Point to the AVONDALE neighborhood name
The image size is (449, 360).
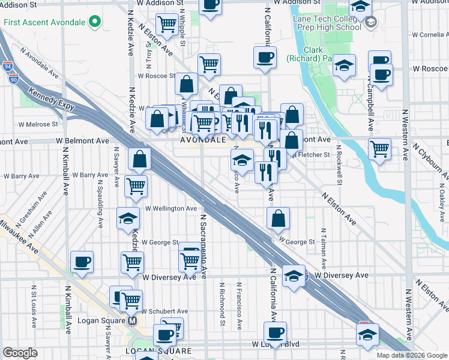(203, 139)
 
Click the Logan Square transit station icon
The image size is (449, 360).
(134, 321)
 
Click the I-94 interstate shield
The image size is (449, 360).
(7, 67)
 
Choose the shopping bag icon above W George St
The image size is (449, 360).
(278, 219)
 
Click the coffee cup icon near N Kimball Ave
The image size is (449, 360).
(82, 262)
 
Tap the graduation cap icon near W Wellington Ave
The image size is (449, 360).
(128, 219)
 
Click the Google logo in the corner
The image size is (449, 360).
(20, 353)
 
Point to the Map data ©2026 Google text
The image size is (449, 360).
(412, 355)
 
